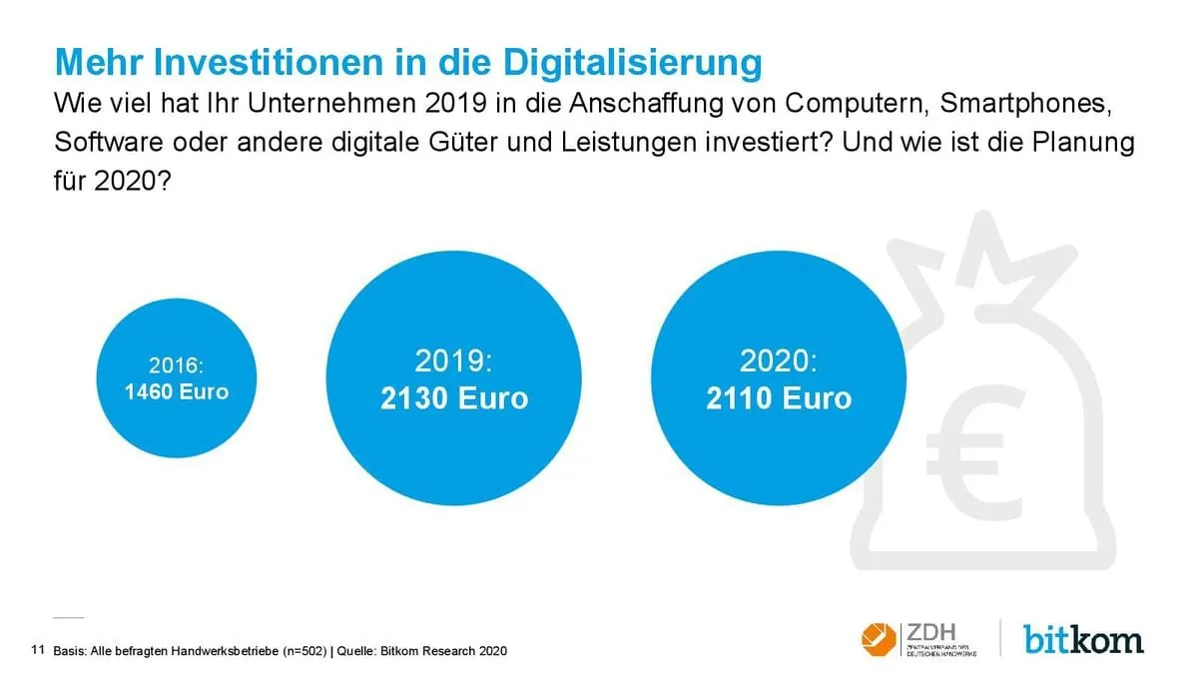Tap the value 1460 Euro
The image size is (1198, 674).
pyautogui.click(x=176, y=391)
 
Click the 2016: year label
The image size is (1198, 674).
pyautogui.click(x=176, y=365)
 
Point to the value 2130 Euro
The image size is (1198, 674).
pyautogui.click(x=454, y=398)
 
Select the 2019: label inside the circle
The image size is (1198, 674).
pyautogui.click(x=454, y=361)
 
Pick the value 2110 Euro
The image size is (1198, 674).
pyautogui.click(x=779, y=398)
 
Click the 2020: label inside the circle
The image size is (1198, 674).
pyautogui.click(x=779, y=361)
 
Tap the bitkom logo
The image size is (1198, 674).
pyautogui.click(x=1083, y=638)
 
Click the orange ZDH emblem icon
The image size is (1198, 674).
pyautogui.click(x=879, y=639)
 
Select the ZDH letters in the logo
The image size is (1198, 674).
pyautogui.click(x=931, y=632)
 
